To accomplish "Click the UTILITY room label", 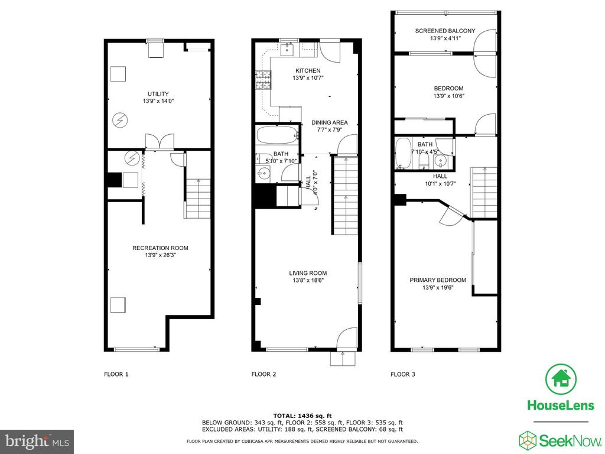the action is pos(158,94).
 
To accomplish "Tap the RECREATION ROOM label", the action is pos(160,248).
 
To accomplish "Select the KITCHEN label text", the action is pos(308,71).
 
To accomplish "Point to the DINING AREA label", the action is pos(330,122).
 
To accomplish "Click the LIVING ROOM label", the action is pos(308,273).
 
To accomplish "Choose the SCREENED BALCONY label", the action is pos(445,31).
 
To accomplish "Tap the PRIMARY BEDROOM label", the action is pos(438,280).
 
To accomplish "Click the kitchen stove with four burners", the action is pos(263,80).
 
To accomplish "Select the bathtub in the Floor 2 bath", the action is pos(278,135).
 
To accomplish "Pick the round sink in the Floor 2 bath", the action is pos(264,174).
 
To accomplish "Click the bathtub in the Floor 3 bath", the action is pos(404,154).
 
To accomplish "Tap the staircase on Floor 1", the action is pos(197,199).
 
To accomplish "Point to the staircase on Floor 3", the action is pos(483,192).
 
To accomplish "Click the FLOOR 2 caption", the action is pos(264,374).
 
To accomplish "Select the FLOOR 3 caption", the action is pos(403,374).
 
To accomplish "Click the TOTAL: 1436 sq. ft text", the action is pos(302,416).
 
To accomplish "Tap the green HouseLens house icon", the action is pos(561,379).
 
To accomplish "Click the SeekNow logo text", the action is pos(570,440).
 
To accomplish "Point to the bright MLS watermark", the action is pos(37,441).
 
